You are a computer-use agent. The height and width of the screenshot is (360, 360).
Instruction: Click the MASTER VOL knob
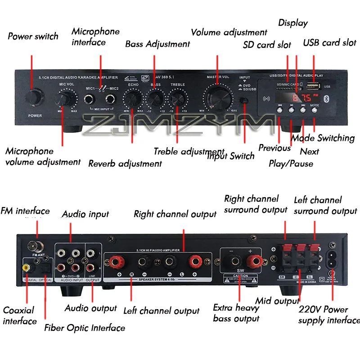point(218,97)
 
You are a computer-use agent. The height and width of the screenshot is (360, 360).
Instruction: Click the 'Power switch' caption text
point(33,36)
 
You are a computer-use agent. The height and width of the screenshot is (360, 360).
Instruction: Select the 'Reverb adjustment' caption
point(125,163)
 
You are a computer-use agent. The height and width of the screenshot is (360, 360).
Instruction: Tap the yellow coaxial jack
point(27,267)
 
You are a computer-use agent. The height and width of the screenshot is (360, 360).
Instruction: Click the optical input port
point(45,267)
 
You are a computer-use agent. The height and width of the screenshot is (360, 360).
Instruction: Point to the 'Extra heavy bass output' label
point(236,313)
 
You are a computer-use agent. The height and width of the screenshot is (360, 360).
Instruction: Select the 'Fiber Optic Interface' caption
point(85,328)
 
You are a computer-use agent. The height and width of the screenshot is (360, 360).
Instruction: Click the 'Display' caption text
point(293,23)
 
